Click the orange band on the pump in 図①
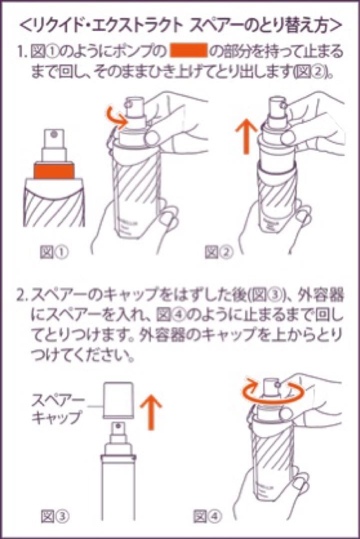coord(54,171)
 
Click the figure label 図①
coord(53,253)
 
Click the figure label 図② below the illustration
coord(219,253)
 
